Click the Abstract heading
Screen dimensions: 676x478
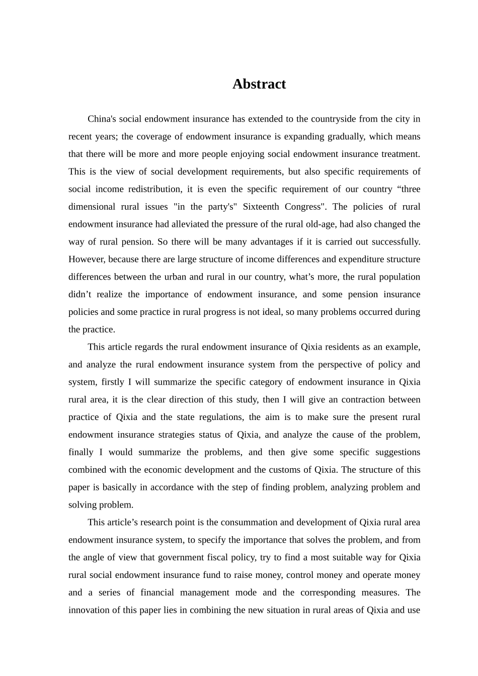259,84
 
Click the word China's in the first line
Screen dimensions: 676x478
102,119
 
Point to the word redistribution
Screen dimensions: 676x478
153,189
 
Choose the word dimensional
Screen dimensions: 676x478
92,207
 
